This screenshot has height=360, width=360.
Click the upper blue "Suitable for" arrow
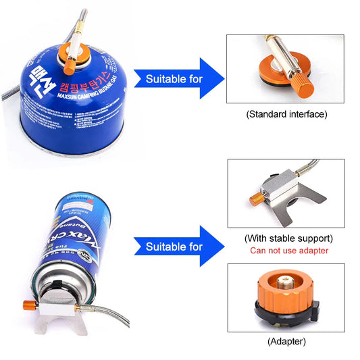177,78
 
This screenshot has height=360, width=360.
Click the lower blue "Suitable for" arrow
177,247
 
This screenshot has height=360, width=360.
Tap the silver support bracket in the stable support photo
284,206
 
